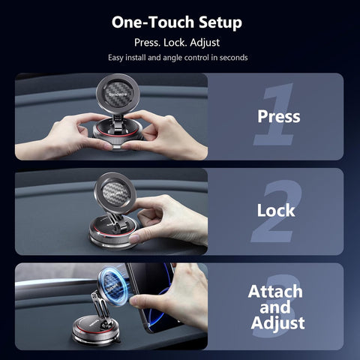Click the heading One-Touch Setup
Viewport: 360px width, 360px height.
tap(177, 22)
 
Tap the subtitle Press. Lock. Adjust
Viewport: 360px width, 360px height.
tap(177, 42)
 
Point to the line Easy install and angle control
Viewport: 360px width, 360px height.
tap(177, 58)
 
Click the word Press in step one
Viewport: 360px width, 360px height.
tap(278, 116)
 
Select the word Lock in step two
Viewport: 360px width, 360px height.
tap(276, 211)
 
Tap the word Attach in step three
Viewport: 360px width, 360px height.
tap(276, 291)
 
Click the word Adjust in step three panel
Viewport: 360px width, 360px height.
tap(278, 323)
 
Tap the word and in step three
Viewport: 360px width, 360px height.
tap(276, 307)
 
